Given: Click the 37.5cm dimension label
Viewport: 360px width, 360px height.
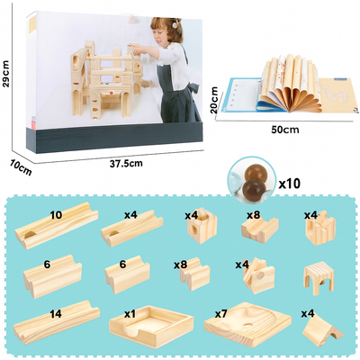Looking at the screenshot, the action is (x=126, y=164).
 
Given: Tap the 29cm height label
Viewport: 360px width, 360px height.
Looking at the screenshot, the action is (x=6, y=73).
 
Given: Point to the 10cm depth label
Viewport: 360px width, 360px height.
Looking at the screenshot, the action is (x=21, y=167).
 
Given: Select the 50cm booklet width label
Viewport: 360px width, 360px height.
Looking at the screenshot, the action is (x=285, y=130).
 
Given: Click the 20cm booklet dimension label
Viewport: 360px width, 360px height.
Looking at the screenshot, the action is (x=215, y=100).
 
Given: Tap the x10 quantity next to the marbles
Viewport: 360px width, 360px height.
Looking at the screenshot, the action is (x=289, y=184).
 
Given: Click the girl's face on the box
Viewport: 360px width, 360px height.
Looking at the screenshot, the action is (x=164, y=34).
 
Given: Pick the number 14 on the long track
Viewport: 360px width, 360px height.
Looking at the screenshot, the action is (x=56, y=313).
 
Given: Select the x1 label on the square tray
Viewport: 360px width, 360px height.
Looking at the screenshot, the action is (x=130, y=313).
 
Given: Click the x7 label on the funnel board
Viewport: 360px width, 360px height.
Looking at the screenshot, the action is (x=221, y=314).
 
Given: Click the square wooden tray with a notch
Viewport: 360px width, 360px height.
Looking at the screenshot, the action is (x=151, y=327).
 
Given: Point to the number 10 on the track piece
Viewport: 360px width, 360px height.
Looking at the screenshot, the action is (x=56, y=215).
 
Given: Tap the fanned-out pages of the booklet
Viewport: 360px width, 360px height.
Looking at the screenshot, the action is (x=290, y=83).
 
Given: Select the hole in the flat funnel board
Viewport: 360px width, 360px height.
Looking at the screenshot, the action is (x=247, y=325).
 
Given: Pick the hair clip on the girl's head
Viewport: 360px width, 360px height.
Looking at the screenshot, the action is (x=174, y=24).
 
